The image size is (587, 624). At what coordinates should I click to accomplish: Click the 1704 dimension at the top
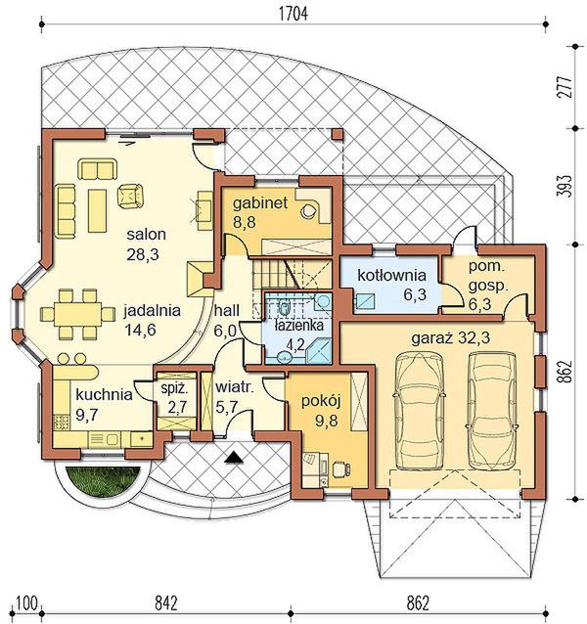(x=293, y=14)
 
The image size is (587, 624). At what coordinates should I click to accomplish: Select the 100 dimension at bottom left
(x=27, y=602)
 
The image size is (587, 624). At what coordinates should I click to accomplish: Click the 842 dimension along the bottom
(x=165, y=602)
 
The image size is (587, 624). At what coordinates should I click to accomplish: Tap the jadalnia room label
(x=152, y=311)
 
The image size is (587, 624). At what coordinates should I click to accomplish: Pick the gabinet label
(x=260, y=203)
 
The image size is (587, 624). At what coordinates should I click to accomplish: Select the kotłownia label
(x=391, y=275)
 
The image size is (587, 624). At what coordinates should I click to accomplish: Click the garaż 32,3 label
(x=450, y=338)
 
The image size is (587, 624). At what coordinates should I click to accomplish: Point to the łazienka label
(x=299, y=326)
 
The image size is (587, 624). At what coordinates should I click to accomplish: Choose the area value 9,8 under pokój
(x=327, y=421)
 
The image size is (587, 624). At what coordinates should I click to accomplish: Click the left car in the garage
(x=419, y=411)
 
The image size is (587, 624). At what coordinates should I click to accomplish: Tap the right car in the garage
(x=492, y=411)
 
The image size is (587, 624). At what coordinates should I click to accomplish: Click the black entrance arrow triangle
(x=233, y=457)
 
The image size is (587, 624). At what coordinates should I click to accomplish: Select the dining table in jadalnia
(x=78, y=315)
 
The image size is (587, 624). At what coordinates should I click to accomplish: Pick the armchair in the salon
(x=130, y=195)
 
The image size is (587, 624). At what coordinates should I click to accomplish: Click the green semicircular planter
(x=103, y=481)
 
